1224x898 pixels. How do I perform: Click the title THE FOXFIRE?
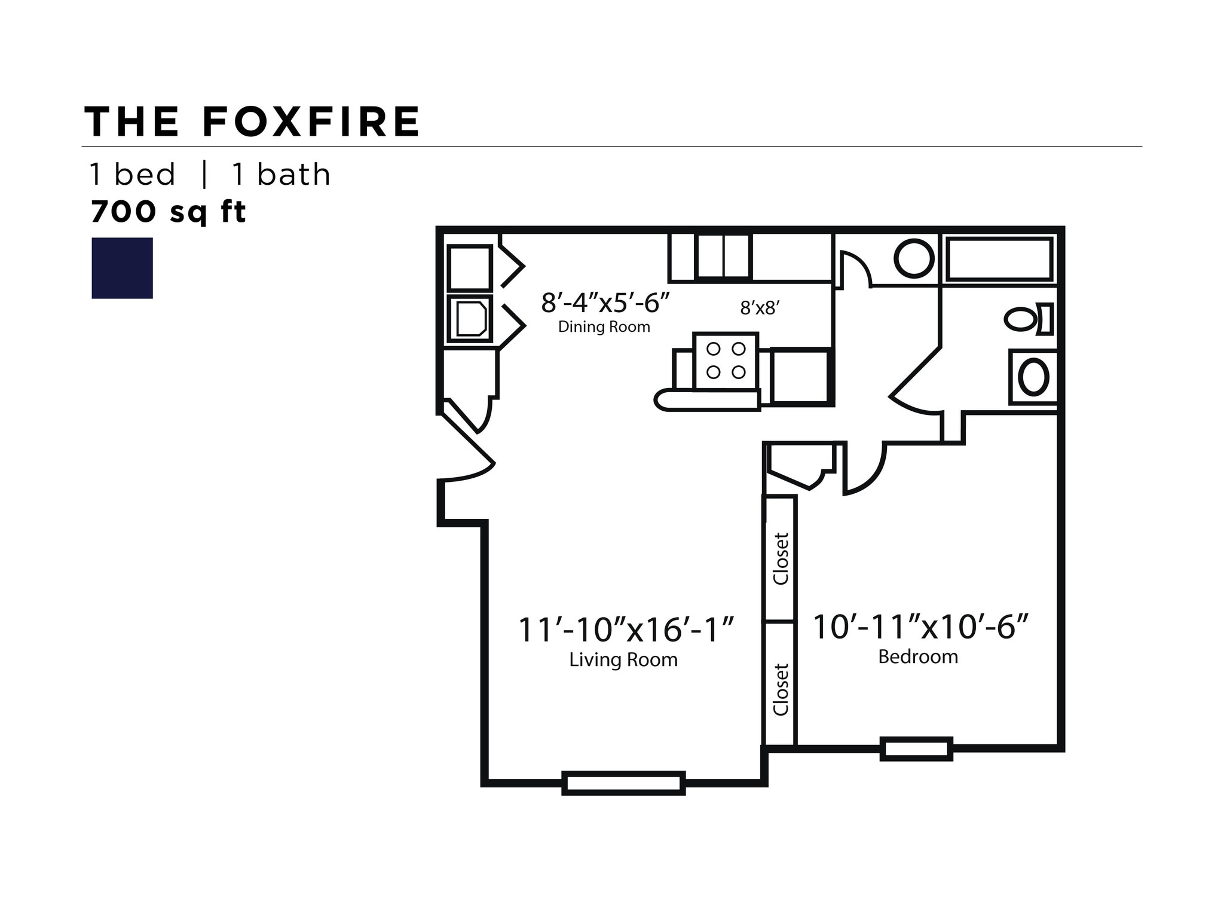(x=252, y=122)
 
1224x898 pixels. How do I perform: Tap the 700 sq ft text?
(x=168, y=212)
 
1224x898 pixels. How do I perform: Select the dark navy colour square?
(x=122, y=268)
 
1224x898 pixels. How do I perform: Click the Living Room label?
(x=623, y=659)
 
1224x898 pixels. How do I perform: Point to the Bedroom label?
(x=917, y=656)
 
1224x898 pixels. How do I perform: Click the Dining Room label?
(x=604, y=327)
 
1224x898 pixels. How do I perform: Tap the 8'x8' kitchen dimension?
(x=760, y=308)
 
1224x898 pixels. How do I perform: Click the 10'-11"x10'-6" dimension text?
(x=920, y=627)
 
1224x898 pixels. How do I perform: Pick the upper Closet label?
(x=781, y=558)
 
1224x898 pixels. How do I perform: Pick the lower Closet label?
(x=781, y=689)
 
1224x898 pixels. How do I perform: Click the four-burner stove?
(x=726, y=361)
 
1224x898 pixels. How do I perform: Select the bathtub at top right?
(x=999, y=259)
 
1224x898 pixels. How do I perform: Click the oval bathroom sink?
(x=1033, y=377)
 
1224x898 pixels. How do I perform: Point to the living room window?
(x=623, y=783)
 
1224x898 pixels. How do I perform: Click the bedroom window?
(x=916, y=749)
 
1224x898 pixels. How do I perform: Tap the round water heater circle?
(x=913, y=258)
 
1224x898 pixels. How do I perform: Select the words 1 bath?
(x=281, y=175)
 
